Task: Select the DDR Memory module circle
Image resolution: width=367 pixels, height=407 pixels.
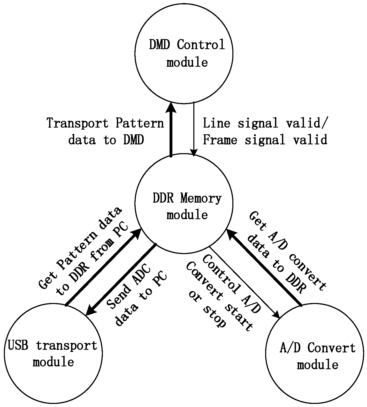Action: (x=184, y=233)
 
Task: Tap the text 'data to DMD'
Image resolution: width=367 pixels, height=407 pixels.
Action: (x=106, y=140)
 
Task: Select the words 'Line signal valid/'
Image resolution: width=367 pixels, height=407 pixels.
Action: (x=265, y=123)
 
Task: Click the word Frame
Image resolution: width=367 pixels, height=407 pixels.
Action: (x=220, y=140)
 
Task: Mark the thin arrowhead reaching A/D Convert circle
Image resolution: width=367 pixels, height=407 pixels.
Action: (x=277, y=315)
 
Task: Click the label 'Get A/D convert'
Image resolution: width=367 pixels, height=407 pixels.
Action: (x=287, y=251)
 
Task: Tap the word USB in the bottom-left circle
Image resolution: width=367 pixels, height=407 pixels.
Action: (x=18, y=345)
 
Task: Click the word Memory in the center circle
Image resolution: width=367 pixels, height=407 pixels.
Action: (x=201, y=199)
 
